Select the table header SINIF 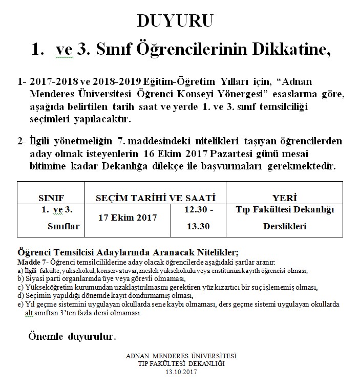click(53, 198)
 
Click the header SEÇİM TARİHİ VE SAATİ click(156, 198)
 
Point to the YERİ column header click(285, 198)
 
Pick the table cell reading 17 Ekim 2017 click(127, 218)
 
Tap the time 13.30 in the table click(197, 226)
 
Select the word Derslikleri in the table click(285, 226)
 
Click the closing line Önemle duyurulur click(72, 337)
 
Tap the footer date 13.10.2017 click(181, 372)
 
